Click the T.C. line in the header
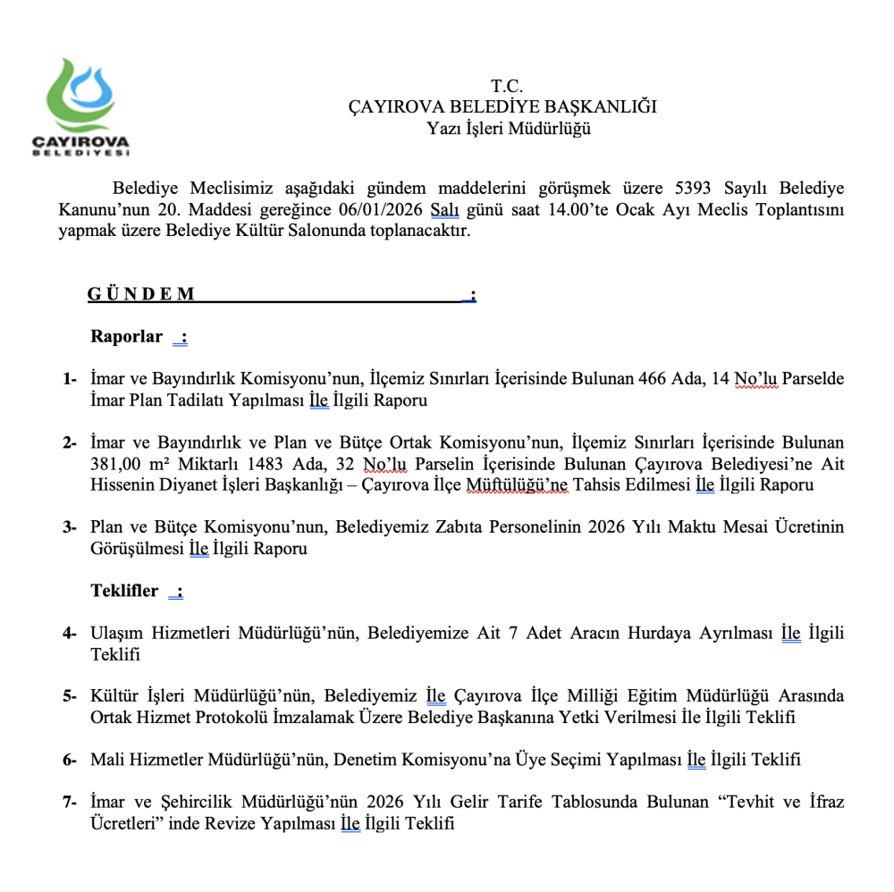click(506, 87)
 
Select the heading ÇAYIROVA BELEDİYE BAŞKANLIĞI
click(502, 107)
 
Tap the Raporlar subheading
click(127, 337)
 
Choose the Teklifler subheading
click(124, 591)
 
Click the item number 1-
click(70, 379)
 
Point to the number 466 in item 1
click(655, 379)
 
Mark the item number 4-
click(70, 634)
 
